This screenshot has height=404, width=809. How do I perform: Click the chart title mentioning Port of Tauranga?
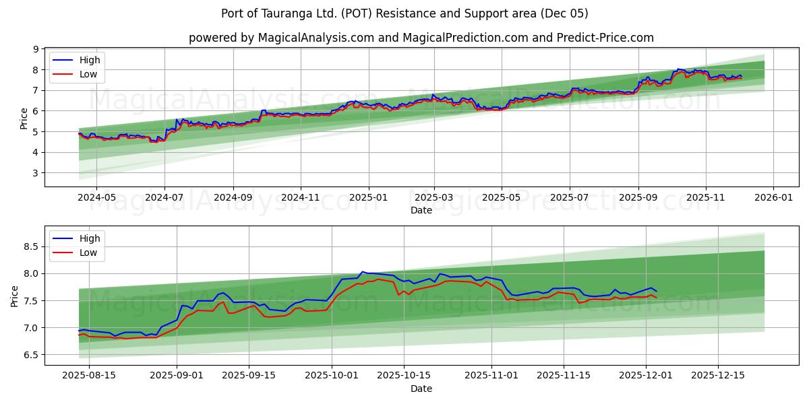404,13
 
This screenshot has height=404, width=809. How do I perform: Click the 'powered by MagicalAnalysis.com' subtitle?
421,38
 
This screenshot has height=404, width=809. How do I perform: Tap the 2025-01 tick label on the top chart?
369,198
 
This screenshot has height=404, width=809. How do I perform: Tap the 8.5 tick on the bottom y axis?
31,247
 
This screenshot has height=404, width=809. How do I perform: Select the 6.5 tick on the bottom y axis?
31,355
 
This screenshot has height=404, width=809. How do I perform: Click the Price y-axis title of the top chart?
24,119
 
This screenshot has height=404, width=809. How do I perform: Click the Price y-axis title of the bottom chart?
15,296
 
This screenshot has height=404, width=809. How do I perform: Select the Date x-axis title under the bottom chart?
421,389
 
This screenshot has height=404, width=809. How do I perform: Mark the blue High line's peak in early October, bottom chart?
363,271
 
